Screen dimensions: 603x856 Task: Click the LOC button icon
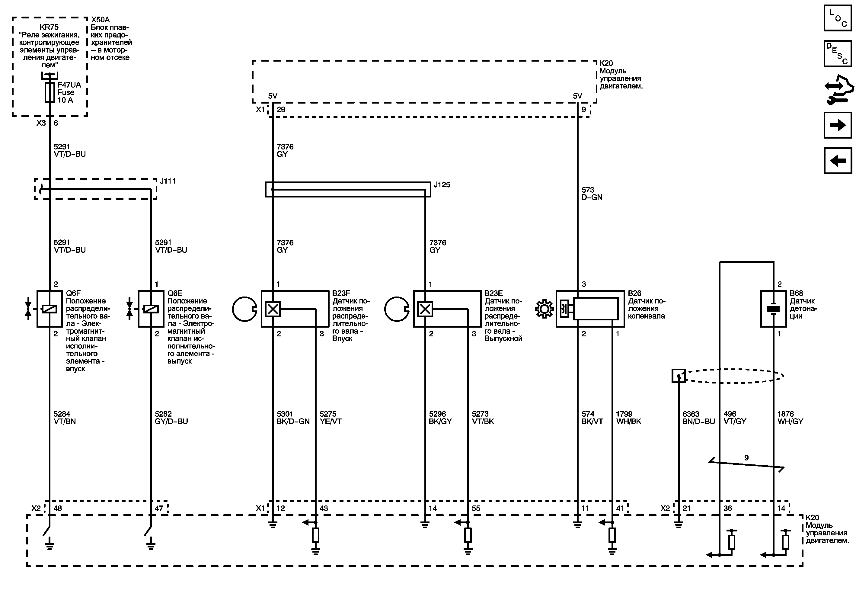837,18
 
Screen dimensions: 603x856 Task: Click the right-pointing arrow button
837,125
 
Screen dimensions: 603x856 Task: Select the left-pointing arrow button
837,161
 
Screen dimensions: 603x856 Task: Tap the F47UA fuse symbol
50,92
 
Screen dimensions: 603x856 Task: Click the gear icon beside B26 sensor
544,309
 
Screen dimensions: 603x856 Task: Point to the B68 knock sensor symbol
773,309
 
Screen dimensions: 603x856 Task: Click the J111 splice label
168,181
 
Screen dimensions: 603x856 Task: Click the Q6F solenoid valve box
50,309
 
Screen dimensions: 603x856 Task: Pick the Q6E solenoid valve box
151,309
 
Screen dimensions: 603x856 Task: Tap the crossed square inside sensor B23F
273,309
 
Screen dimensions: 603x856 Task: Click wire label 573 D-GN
592,194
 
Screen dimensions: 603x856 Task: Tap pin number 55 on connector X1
476,508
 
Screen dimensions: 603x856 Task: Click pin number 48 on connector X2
58,508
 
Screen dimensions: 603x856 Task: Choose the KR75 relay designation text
49,27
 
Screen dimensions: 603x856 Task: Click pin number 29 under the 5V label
281,110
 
